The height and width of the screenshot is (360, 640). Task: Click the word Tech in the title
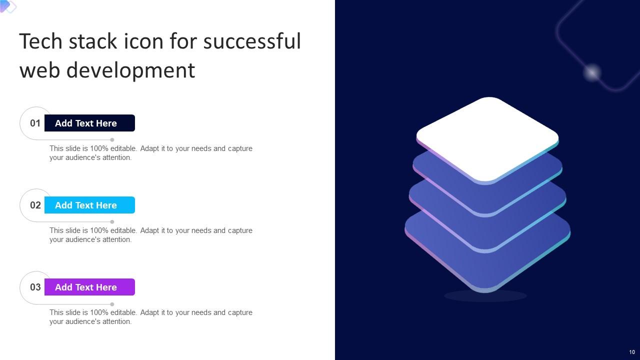pyautogui.click(x=40, y=41)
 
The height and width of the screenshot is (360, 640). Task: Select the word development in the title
pyautogui.click(x=130, y=70)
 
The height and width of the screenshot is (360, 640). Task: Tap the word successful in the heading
pyautogui.click(x=251, y=41)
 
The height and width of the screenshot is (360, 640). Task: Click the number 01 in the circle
pyautogui.click(x=35, y=123)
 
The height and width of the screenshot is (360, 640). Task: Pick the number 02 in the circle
pyautogui.click(x=35, y=205)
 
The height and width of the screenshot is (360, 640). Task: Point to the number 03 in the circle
pyautogui.click(x=35, y=287)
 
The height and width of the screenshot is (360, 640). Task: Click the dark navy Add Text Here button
pyautogui.click(x=89, y=123)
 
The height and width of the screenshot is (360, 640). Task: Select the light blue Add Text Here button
pyautogui.click(x=89, y=205)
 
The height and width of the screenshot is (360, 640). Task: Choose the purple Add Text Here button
pyautogui.click(x=89, y=287)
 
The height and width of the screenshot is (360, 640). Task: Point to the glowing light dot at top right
pyautogui.click(x=592, y=73)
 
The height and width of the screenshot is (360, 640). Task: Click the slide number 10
pyautogui.click(x=632, y=352)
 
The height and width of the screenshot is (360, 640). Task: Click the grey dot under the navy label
pyautogui.click(x=112, y=140)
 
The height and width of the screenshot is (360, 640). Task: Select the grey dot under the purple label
pyautogui.click(x=112, y=304)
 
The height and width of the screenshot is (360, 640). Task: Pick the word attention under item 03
pyautogui.click(x=116, y=321)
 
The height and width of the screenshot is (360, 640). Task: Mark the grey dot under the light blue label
pyautogui.click(x=112, y=222)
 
